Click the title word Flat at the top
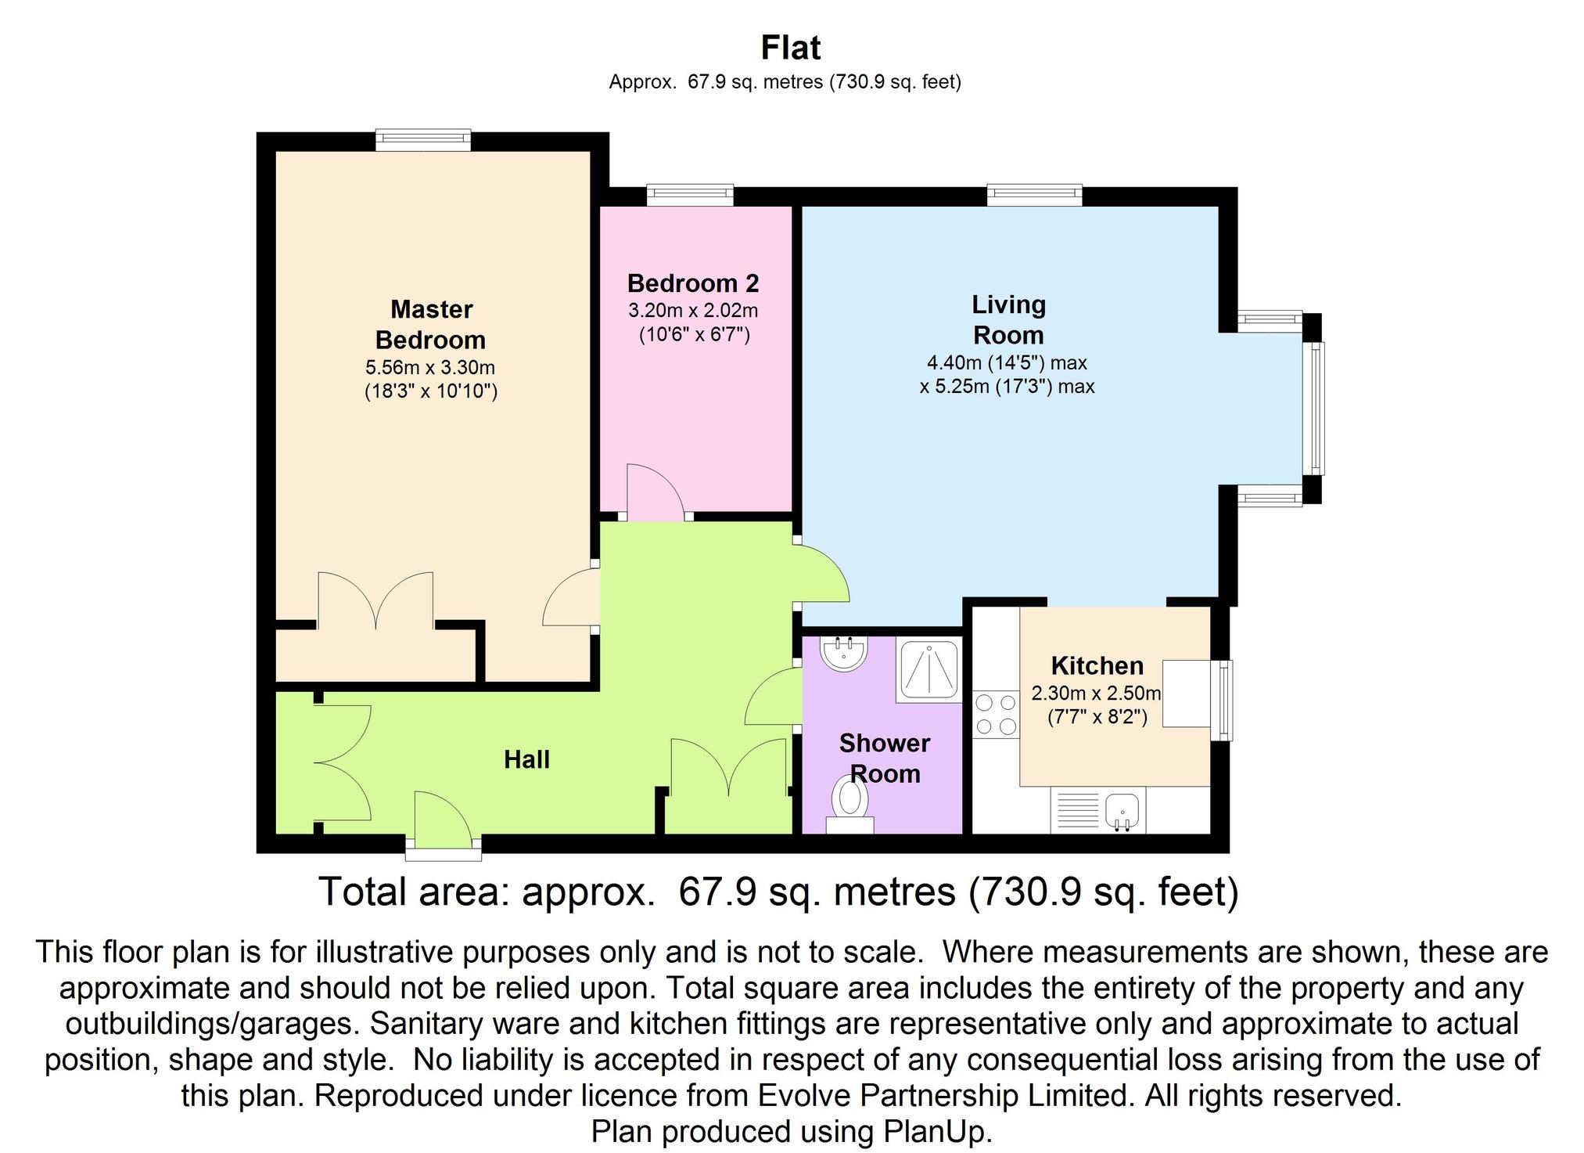point(791,48)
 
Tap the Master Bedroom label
point(431,325)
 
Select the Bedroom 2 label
point(693,283)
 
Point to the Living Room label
point(1008,319)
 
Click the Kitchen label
point(1097,665)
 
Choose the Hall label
point(526,759)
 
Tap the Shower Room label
point(885,758)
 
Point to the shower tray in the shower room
point(929,671)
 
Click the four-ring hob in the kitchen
point(997,715)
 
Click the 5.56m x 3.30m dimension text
point(430,367)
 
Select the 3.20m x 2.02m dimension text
point(693,311)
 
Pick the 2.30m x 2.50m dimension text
point(1097,693)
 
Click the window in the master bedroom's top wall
point(423,140)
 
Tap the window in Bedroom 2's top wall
point(690,195)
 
